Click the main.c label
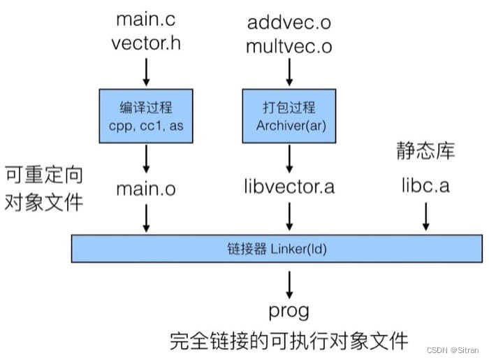coord(146,20)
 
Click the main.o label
coord(146,188)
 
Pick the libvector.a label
coord(289,187)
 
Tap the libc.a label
coord(425,187)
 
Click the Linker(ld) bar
coord(276,248)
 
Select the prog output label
coord(289,310)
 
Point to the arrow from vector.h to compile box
coord(146,71)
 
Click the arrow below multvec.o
coord(289,71)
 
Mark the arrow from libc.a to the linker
coord(425,218)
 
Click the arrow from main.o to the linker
coord(146,218)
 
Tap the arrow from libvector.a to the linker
coord(289,218)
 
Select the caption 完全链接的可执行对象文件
coord(289,340)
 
